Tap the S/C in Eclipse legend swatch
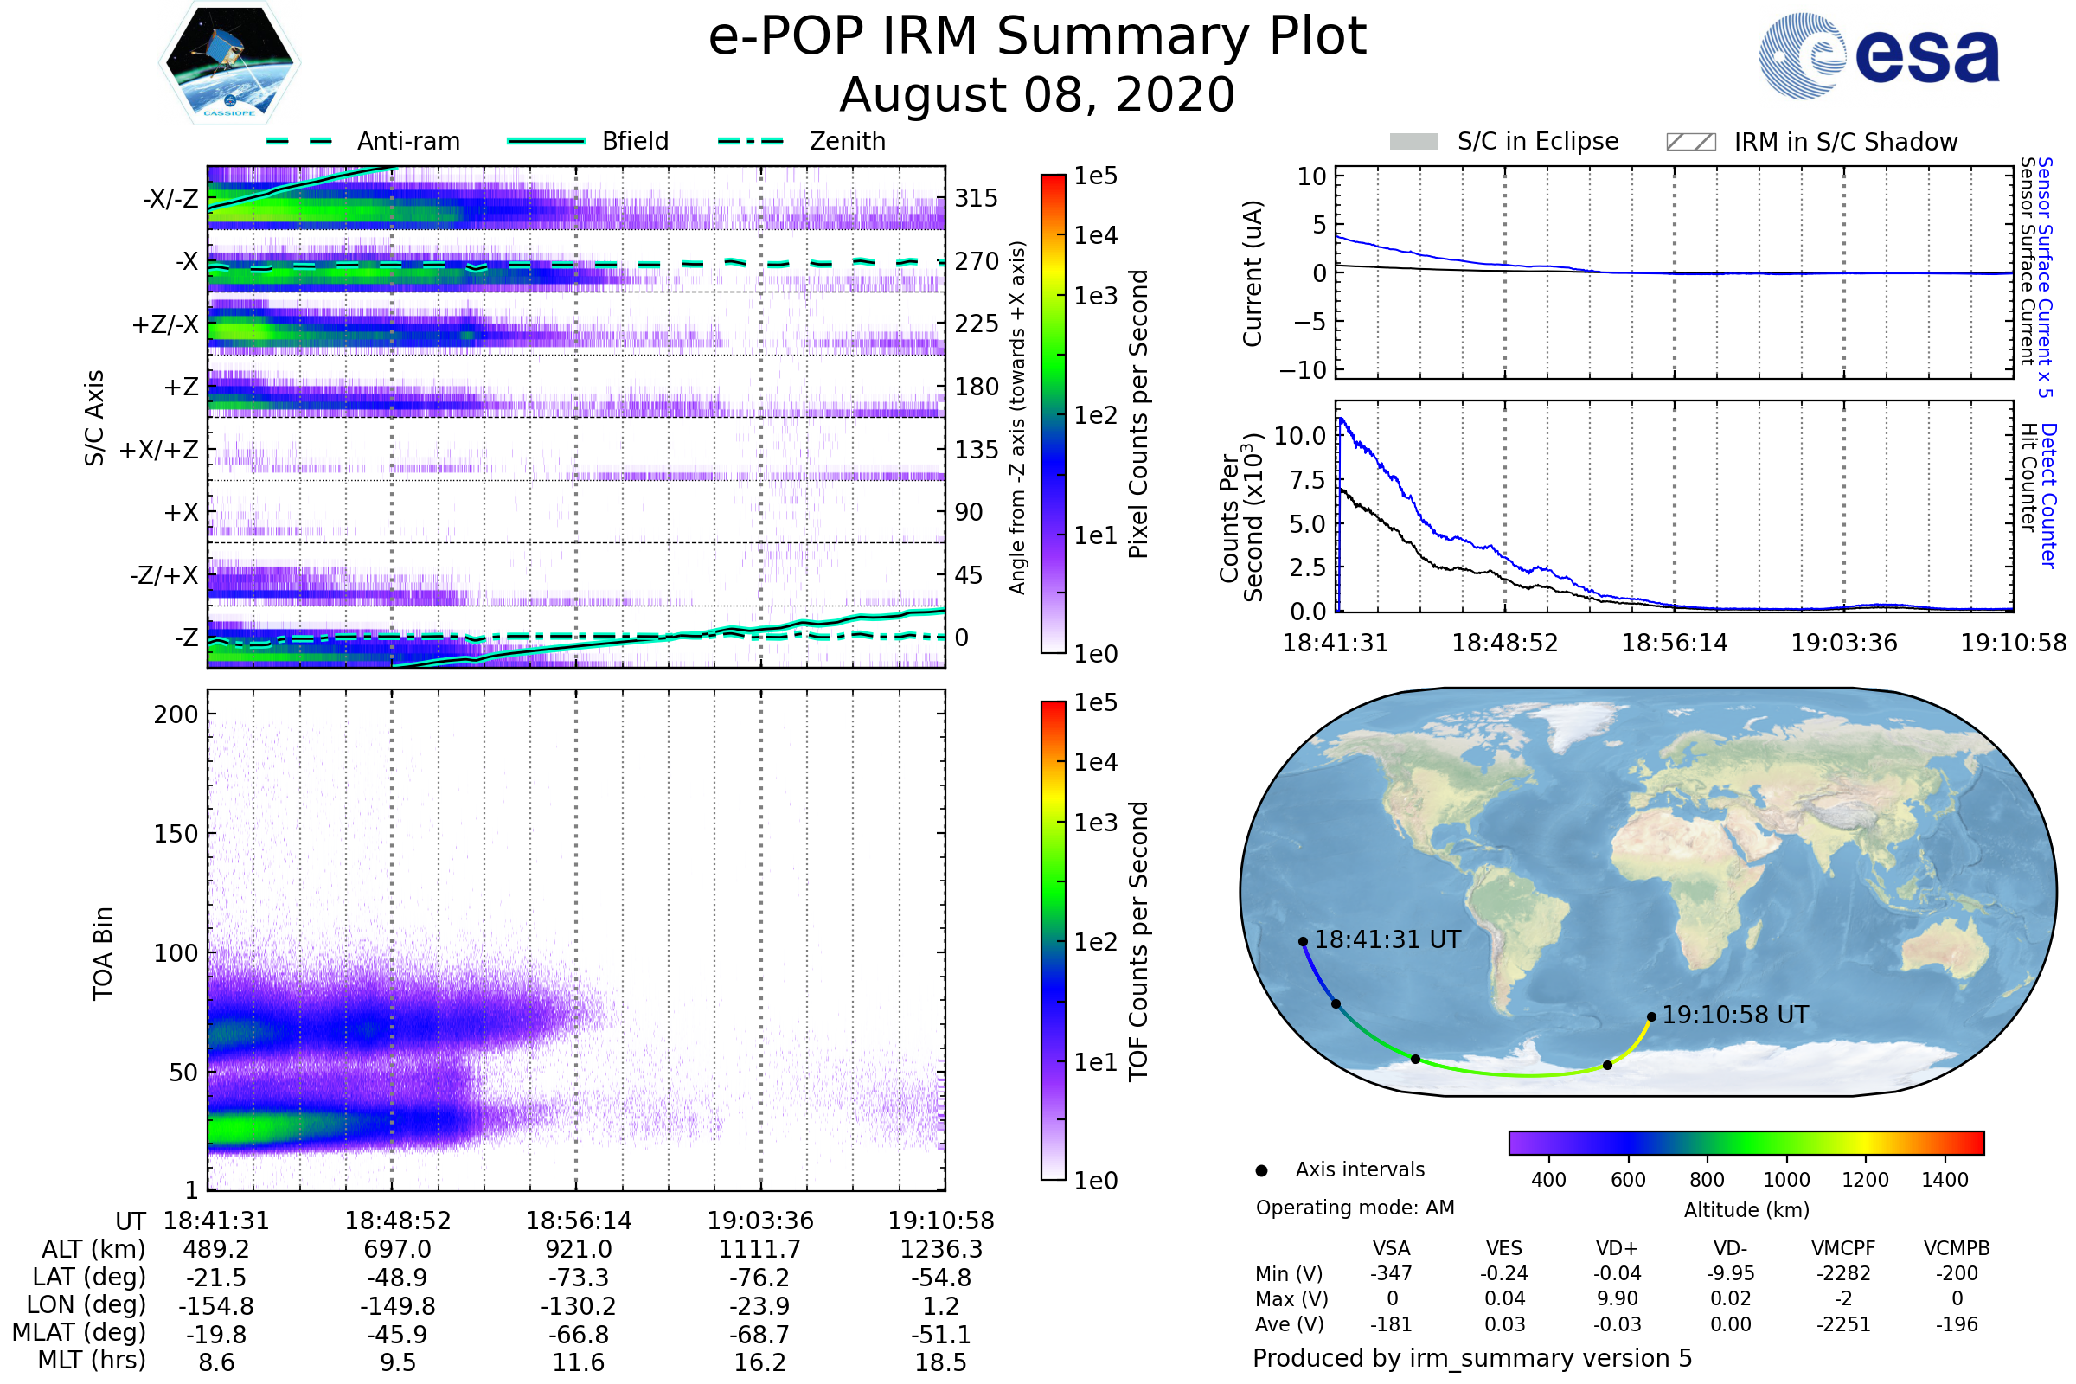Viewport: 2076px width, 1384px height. point(1414,142)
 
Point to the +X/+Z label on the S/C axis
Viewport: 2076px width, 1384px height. point(159,450)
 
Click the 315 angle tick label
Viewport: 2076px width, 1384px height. point(977,199)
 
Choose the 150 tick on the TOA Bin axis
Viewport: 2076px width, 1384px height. point(176,834)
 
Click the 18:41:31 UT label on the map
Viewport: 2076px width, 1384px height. point(1387,940)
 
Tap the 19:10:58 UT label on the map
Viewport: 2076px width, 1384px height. point(1735,1015)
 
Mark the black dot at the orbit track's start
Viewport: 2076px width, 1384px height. point(1303,942)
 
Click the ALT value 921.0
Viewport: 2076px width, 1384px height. point(578,1250)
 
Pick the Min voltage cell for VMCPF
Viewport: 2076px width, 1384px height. point(1843,1273)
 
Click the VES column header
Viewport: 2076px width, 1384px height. point(1504,1249)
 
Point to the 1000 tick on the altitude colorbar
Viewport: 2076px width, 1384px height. point(1786,1180)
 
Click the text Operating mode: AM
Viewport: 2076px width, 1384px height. point(1355,1208)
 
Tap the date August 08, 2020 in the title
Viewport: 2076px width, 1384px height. point(1037,95)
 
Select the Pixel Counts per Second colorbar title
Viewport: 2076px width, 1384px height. point(1138,414)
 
